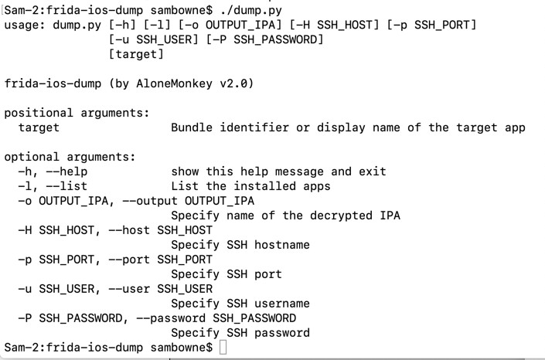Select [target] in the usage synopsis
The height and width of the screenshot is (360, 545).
[x=136, y=54]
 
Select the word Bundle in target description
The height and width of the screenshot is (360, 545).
[x=192, y=127]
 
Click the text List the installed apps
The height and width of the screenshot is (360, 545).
[x=250, y=186]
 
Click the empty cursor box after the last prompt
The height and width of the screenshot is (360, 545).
[x=223, y=348]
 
